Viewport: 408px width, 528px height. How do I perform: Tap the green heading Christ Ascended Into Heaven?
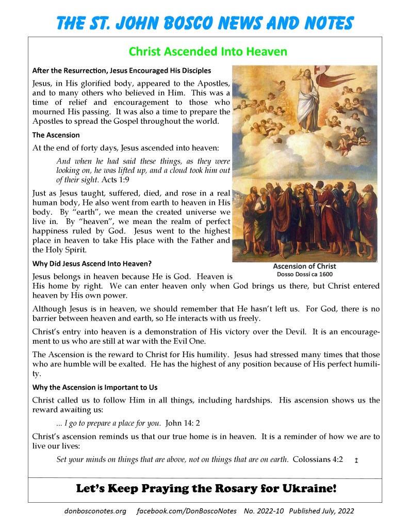[207, 52]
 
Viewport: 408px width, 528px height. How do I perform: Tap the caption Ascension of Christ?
[304, 266]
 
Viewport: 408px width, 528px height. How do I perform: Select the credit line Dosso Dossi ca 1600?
[304, 275]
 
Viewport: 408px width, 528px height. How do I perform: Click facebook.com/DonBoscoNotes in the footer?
[187, 511]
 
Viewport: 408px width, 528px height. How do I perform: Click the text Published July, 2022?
[322, 511]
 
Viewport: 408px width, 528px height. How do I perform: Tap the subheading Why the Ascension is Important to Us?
[95, 387]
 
